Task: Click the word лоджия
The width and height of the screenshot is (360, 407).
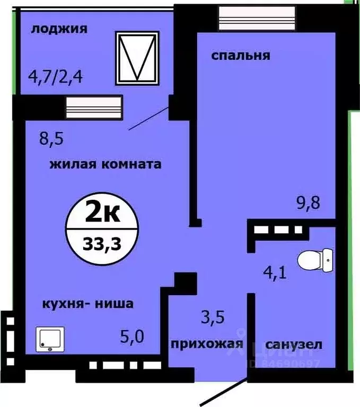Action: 59,29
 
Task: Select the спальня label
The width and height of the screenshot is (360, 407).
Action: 241,55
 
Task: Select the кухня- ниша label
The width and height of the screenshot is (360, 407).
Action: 88,304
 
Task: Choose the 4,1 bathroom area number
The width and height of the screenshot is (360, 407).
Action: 276,275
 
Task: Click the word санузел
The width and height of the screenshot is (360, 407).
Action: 293,344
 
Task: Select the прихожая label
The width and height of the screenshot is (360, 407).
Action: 207,344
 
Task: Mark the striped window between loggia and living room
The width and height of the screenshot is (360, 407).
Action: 94,105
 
